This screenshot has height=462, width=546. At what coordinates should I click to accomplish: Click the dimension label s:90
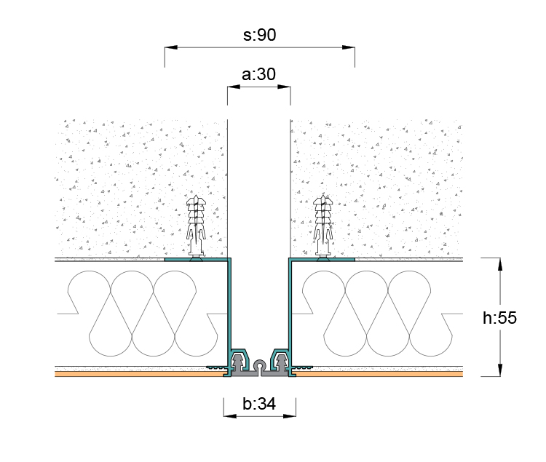(x=259, y=35)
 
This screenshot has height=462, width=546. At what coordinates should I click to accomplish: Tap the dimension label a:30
(x=258, y=74)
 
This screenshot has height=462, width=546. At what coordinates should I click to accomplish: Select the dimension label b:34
(x=259, y=404)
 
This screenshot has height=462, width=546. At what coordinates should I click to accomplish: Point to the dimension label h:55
(x=499, y=318)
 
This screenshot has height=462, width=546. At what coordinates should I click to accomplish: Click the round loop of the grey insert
(x=259, y=365)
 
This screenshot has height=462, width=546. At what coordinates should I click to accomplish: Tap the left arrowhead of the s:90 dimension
(x=171, y=47)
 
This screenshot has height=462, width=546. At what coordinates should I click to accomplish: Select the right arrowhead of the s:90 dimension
(x=349, y=47)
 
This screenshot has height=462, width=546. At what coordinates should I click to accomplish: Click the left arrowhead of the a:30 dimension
(x=234, y=87)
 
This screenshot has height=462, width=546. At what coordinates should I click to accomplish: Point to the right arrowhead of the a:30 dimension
(x=284, y=87)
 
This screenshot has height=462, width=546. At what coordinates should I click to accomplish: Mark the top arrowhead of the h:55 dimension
(x=500, y=264)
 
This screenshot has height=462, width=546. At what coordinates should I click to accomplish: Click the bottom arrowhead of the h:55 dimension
(x=500, y=370)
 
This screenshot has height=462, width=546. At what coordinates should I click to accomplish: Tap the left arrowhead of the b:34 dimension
(x=230, y=416)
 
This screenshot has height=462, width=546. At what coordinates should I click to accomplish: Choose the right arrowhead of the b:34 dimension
(x=290, y=416)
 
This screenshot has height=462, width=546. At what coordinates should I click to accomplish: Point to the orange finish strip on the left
(x=139, y=374)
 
